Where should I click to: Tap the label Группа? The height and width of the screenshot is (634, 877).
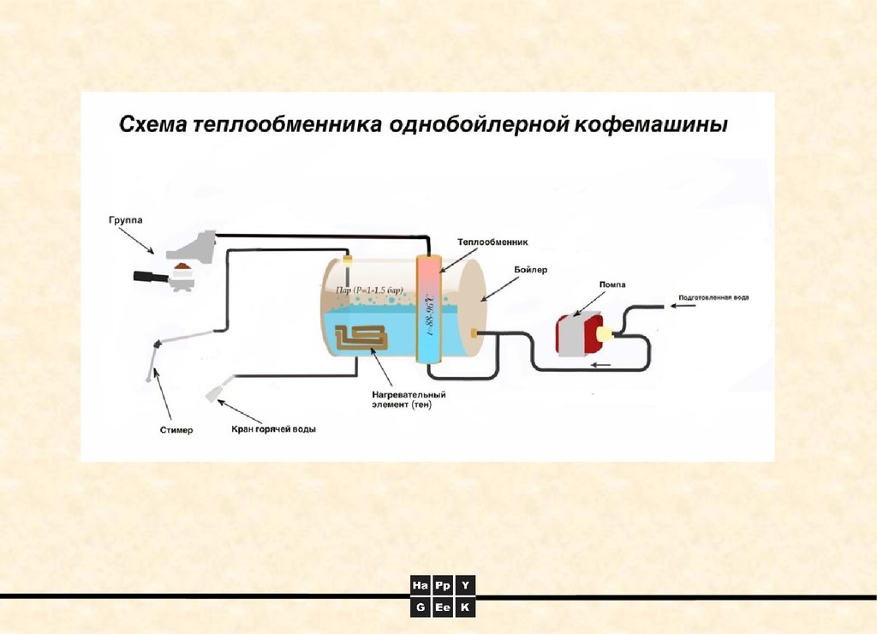click(x=125, y=220)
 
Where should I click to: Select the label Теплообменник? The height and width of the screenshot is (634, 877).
click(x=492, y=242)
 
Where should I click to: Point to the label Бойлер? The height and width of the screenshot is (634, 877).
click(x=531, y=269)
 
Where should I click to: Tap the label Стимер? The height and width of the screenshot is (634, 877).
click(x=176, y=429)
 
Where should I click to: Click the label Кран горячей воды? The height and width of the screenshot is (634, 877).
click(x=273, y=429)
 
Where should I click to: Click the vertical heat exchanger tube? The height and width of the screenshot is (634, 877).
click(x=427, y=308)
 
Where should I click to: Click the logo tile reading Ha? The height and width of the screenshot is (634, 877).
click(x=420, y=586)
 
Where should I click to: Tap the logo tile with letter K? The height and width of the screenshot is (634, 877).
click(x=465, y=607)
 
